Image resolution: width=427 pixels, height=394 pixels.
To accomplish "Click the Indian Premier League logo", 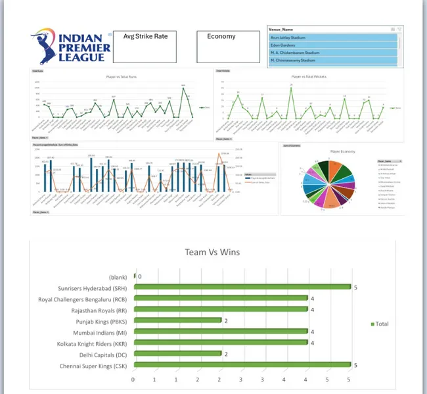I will coord(68,45).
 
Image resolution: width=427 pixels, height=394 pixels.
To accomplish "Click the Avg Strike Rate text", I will coord(150,36).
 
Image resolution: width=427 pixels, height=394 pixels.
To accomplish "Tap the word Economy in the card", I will coord(221,36).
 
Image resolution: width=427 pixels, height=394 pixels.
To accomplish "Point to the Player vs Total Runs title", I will coord(122,76).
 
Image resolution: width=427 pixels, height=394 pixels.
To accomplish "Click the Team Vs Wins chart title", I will coord(212,252).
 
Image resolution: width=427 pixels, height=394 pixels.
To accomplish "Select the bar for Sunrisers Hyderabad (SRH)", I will coord(242,287).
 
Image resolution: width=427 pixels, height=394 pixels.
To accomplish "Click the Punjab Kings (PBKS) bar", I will coord(177,321).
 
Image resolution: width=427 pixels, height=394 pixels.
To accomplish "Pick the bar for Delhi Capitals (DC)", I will coord(177,354).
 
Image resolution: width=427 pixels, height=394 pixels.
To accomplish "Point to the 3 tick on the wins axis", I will coord(241,380).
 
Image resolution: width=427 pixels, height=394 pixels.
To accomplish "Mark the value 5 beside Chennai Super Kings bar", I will coord(355,365).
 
